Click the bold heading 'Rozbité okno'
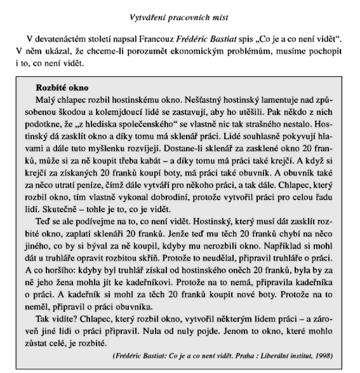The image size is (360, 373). pos(62,88)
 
